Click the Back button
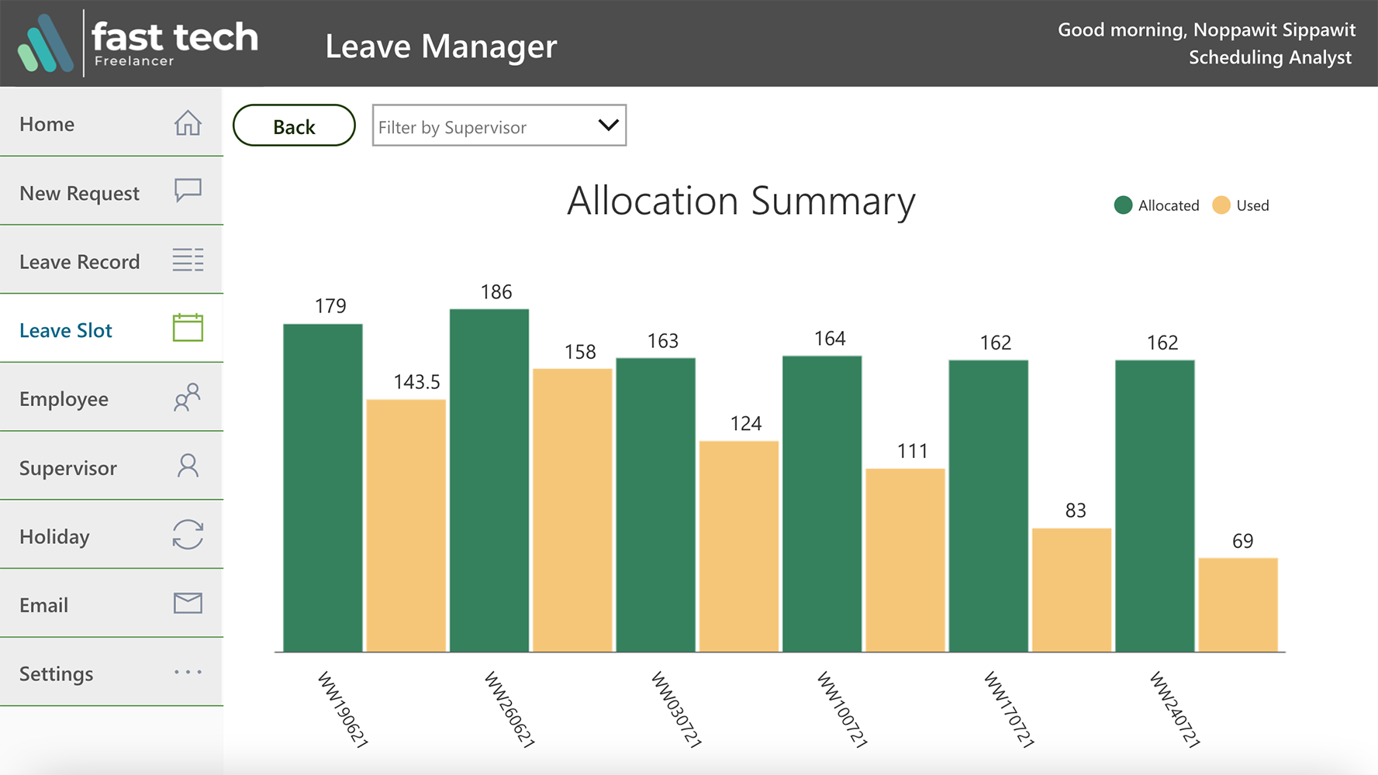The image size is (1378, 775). (x=294, y=126)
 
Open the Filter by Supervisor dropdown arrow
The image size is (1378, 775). (x=608, y=126)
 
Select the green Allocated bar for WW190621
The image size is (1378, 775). (x=323, y=487)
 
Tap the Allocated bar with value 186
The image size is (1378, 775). (x=489, y=480)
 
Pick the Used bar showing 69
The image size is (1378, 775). (x=1238, y=604)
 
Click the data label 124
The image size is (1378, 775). (x=746, y=424)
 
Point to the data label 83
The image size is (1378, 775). (x=1076, y=511)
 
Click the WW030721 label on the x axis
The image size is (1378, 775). (x=676, y=709)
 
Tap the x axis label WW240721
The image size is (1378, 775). (x=1175, y=709)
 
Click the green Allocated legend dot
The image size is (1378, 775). (x=1123, y=205)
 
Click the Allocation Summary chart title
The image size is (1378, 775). (x=741, y=201)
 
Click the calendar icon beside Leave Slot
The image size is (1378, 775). (x=188, y=328)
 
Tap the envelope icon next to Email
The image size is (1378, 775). (x=188, y=603)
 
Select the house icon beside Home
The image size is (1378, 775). (x=188, y=123)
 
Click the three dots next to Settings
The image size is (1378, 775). (x=188, y=672)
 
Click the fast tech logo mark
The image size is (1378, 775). (x=46, y=43)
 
